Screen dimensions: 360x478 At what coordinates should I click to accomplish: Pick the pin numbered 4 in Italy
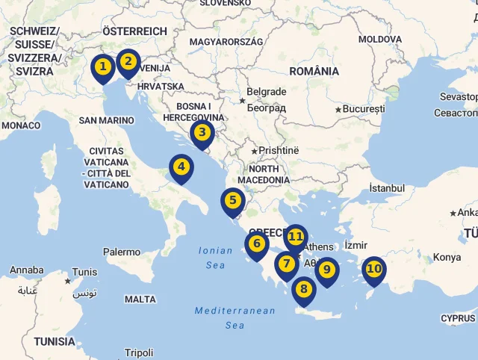(x=181, y=167)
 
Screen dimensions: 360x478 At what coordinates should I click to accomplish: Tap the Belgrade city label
(x=267, y=92)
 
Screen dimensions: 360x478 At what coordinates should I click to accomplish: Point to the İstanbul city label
(x=386, y=189)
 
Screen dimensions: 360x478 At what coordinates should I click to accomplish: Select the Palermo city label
(x=122, y=252)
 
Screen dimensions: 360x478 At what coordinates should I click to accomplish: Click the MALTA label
(x=140, y=300)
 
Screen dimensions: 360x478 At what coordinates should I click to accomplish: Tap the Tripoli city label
(x=139, y=353)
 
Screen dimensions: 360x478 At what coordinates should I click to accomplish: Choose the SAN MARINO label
(x=106, y=120)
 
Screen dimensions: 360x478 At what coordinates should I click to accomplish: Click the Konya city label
(x=447, y=258)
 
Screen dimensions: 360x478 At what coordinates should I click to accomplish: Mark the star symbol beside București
(x=338, y=110)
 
